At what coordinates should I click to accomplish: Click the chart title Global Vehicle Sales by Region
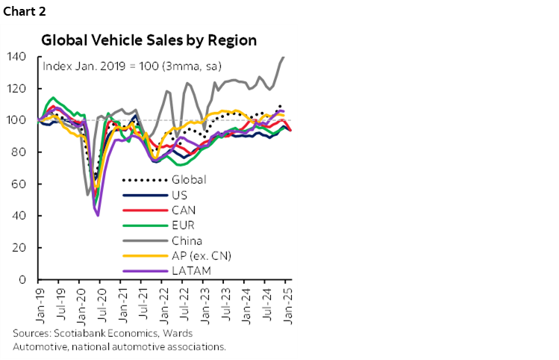149,40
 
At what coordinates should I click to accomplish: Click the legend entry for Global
188,179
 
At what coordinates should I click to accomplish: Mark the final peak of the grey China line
284,57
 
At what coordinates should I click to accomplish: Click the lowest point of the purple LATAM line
98,215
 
